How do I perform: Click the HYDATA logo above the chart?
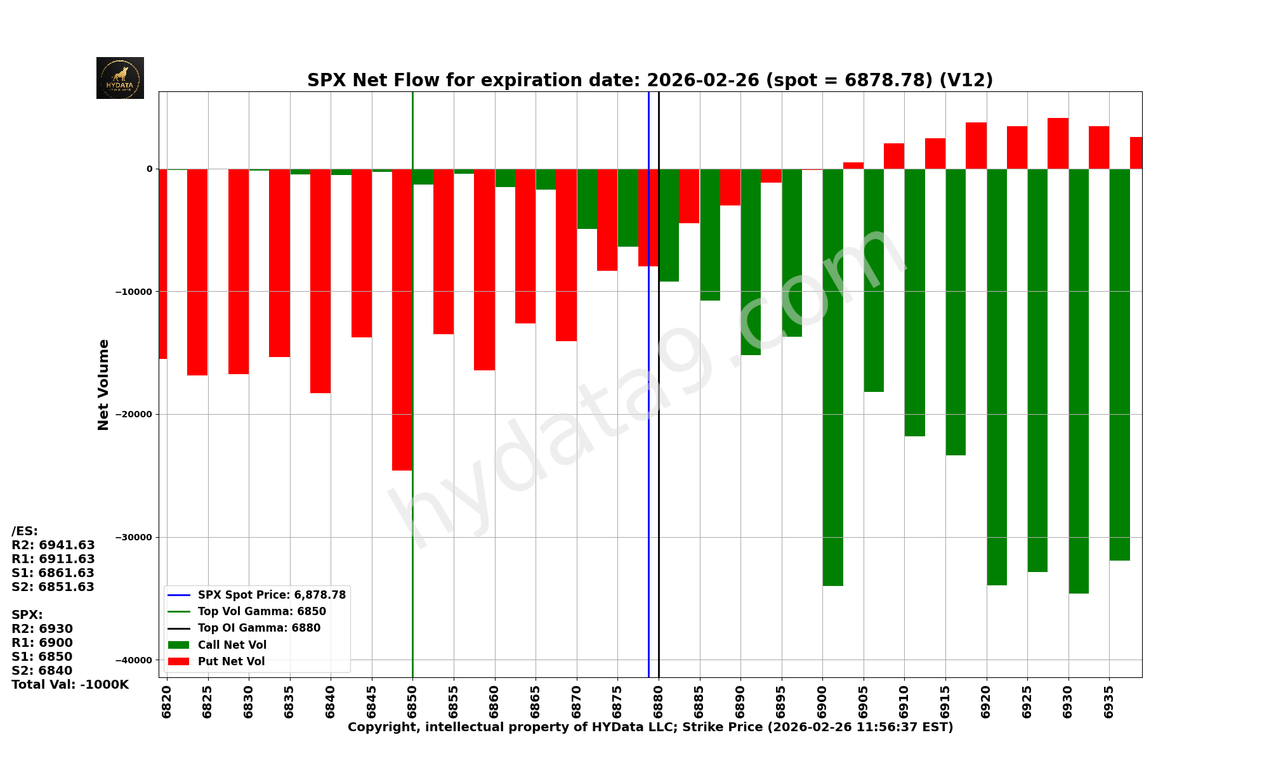pos(120,78)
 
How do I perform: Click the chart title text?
pos(650,81)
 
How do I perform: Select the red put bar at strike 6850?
pos(402,317)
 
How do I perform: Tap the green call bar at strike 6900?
pos(832,380)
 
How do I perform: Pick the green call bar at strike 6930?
pos(1079,380)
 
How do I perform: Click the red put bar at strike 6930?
pos(1058,143)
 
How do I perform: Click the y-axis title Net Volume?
pos(103,384)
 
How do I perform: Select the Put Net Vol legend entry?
pos(231,661)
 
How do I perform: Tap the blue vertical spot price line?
pos(648,444)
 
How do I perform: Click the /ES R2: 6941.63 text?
pos(53,545)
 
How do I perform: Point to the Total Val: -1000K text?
pos(70,685)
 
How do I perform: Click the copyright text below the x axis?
pos(650,727)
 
